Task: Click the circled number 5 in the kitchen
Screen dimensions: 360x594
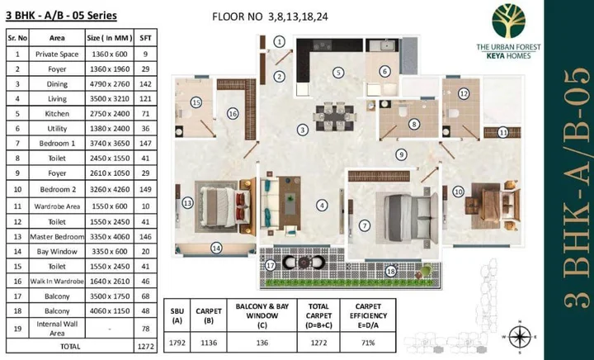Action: tap(338, 73)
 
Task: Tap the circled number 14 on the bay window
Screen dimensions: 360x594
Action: tap(216, 247)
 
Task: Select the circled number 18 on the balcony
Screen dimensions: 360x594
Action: tap(391, 269)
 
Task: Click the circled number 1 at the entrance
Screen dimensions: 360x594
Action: tap(280, 41)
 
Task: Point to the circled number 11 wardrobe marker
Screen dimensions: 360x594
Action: tap(502, 132)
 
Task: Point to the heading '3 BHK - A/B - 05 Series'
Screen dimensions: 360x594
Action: tap(61, 15)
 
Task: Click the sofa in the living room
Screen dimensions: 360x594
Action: tap(269, 203)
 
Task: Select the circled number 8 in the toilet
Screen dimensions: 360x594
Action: tap(414, 125)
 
